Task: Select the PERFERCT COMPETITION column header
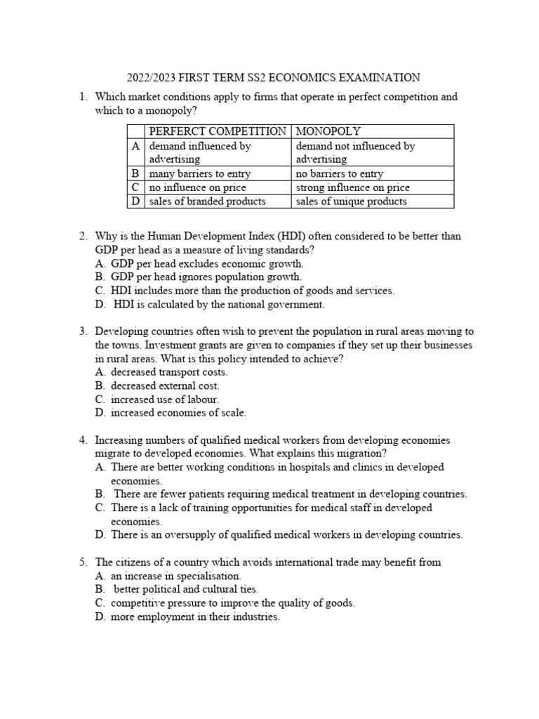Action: [x=217, y=131]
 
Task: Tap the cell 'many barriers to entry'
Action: [x=199, y=173]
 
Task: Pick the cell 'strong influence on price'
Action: [x=352, y=187]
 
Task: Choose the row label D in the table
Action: [x=135, y=202]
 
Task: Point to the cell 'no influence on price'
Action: [x=197, y=187]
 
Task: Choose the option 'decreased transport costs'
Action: [x=169, y=372]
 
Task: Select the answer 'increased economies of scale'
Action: [x=178, y=412]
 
